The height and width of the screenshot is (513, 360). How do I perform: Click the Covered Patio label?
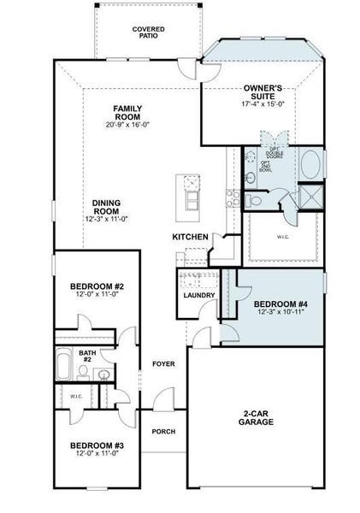tap(148, 32)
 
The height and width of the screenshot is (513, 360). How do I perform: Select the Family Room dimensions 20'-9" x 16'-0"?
tap(127, 124)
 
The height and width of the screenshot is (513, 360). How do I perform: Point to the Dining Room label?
tap(106, 206)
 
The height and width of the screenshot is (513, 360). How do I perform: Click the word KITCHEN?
tap(191, 237)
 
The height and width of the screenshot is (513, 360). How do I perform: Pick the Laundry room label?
tap(198, 296)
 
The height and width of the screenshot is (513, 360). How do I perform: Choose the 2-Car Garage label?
tap(257, 417)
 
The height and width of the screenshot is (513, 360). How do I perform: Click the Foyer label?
tap(163, 364)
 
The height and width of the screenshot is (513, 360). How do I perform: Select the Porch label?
tap(163, 431)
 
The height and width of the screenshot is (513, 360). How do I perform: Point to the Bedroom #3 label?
tap(97, 445)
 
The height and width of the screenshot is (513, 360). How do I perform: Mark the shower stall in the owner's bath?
tap(310, 198)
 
